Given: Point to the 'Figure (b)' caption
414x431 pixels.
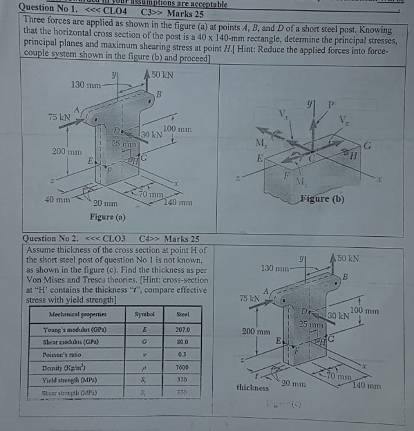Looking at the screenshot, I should coord(322,199).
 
